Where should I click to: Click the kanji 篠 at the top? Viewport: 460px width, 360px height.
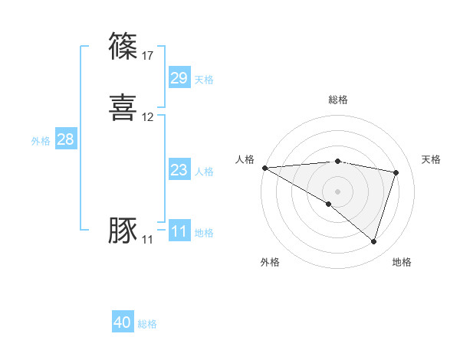[123, 46]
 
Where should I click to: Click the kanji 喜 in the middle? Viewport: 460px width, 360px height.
[123, 108]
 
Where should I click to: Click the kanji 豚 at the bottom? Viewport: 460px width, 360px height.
[123, 231]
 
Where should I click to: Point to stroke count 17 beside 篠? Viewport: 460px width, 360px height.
[148, 55]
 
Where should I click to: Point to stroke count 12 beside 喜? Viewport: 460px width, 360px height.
[148, 117]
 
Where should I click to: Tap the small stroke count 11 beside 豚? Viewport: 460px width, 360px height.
[147, 240]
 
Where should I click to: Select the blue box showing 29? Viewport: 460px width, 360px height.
[179, 78]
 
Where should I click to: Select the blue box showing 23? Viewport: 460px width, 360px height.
[179, 170]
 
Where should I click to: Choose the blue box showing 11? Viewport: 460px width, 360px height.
[179, 231]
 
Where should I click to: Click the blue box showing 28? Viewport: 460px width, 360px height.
[65, 139]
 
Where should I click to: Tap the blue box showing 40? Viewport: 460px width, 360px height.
[123, 322]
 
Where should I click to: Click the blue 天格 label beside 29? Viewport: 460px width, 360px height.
[204, 80]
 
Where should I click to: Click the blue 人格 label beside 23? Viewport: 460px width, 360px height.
[204, 172]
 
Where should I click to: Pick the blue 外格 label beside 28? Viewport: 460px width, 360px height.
[41, 141]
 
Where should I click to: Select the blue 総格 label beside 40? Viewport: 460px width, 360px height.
[147, 324]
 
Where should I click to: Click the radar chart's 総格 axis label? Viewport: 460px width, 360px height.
[338, 100]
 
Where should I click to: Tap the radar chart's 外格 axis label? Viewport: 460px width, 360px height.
[270, 262]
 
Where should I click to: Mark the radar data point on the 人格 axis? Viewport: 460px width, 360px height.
[264, 168]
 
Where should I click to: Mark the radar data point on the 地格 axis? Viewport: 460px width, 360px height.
[373, 242]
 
